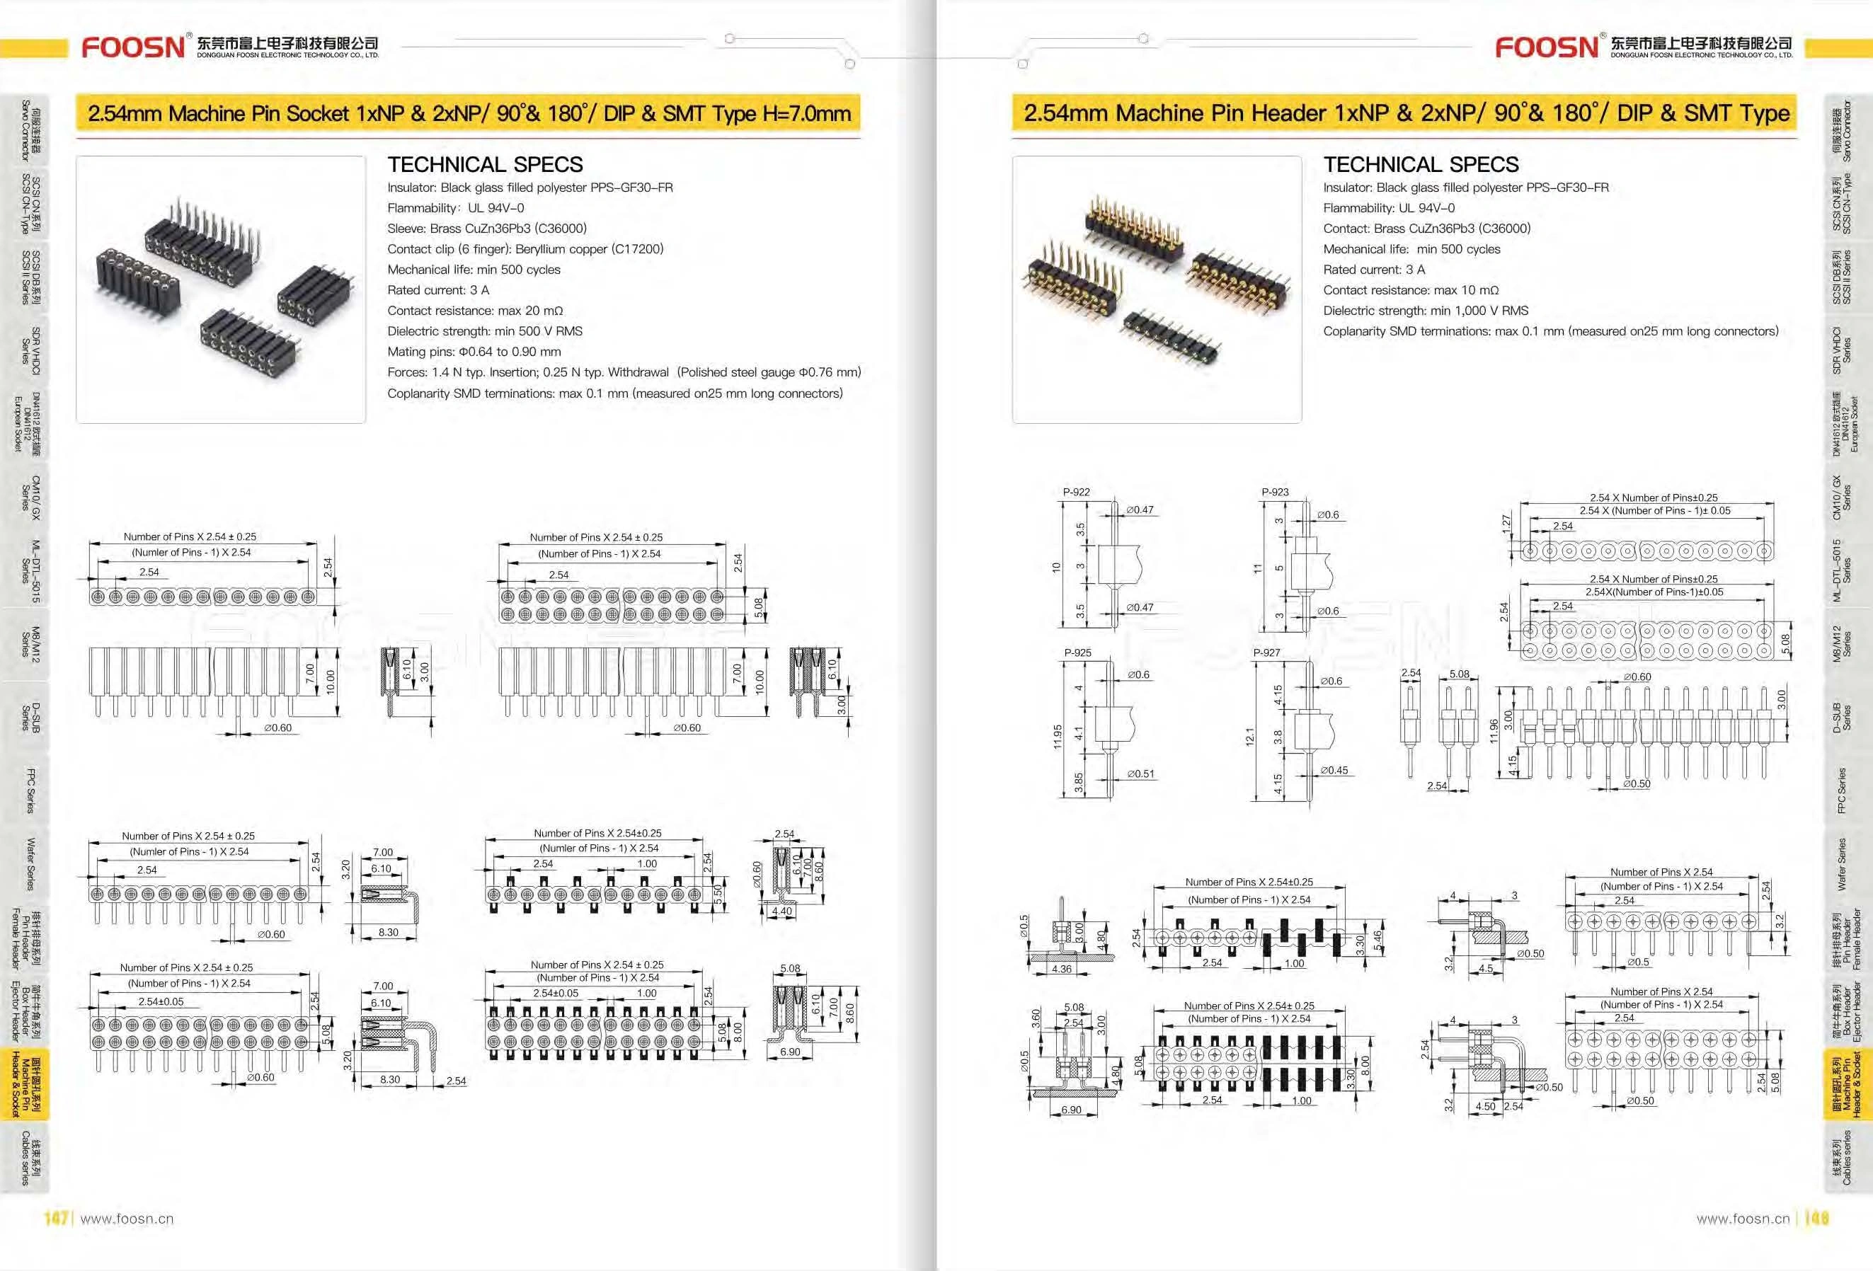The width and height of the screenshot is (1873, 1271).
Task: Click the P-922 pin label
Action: pos(1076,492)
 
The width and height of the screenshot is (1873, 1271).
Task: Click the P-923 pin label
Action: pos(1275,492)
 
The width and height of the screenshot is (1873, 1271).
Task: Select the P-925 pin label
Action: pos(1077,652)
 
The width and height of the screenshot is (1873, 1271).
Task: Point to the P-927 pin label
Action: pos(1266,652)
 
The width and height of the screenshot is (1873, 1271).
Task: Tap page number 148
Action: pos(1816,1219)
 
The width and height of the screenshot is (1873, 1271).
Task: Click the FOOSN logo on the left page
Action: pos(134,47)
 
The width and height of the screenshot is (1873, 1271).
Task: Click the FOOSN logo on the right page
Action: pos(1547,47)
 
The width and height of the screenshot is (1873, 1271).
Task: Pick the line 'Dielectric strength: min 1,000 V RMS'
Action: pos(1425,310)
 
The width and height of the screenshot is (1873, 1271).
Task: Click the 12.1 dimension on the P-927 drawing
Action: pos(1250,736)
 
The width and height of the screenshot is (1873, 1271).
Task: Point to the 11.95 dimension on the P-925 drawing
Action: pos(1058,736)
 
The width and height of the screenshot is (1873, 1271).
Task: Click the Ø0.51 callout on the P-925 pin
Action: pos(1140,773)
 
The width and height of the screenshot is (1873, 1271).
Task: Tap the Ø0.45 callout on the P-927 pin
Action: pos(1334,771)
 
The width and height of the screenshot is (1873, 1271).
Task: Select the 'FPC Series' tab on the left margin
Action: pos(30,790)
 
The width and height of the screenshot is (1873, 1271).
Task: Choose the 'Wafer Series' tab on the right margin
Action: pos(1842,864)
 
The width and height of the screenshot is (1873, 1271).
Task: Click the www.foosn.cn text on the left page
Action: pos(127,1219)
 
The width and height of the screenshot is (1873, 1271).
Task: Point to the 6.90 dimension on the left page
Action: pos(790,1052)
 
